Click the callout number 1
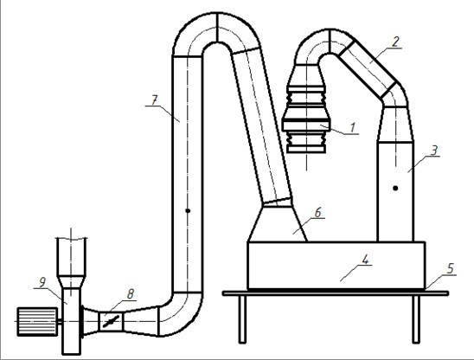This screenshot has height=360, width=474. click(353, 128)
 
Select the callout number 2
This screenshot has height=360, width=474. click(394, 42)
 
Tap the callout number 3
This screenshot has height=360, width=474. click(434, 151)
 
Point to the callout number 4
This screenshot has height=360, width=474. click(365, 260)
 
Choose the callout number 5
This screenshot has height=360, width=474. click(451, 268)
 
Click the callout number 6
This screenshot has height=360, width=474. click(317, 213)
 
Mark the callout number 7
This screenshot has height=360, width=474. click(155, 100)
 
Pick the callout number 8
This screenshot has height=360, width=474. click(131, 293)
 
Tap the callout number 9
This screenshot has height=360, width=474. click(42, 282)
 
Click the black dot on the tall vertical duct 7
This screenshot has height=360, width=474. click(188, 210)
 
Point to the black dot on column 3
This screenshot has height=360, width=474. click(395, 188)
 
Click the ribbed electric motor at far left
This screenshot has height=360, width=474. click(37, 321)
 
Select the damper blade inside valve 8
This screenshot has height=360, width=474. click(111, 321)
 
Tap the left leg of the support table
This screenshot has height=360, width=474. click(242, 319)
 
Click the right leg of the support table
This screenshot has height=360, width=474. click(416, 319)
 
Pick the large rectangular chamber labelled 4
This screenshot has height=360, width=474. click(336, 266)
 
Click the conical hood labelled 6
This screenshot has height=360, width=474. click(278, 222)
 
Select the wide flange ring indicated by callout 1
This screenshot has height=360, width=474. click(306, 125)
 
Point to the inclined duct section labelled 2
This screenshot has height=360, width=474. click(367, 68)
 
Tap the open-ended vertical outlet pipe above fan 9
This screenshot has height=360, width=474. click(71, 257)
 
